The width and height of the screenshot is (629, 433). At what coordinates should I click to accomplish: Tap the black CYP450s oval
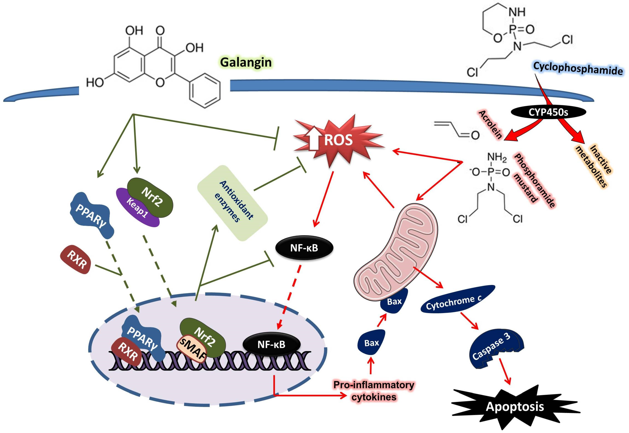548,112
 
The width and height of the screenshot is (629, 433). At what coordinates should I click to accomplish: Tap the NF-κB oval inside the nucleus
271,345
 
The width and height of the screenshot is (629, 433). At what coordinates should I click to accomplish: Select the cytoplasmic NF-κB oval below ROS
304,248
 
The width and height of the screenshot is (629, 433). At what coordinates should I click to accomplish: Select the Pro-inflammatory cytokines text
374,391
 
